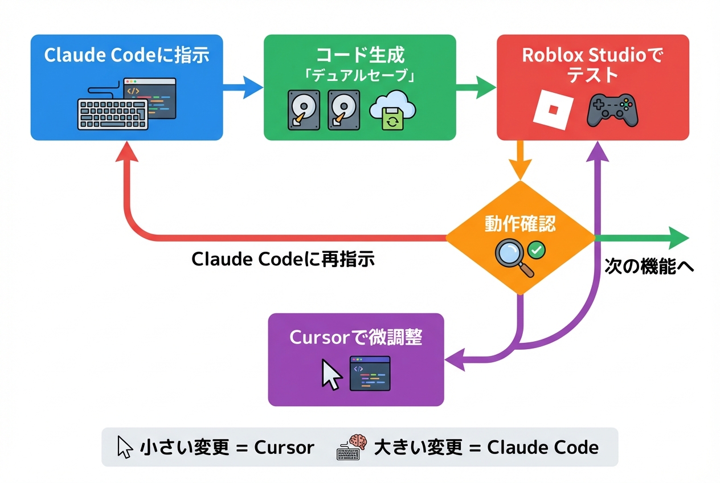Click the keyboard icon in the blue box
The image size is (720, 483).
pyautogui.click(x=112, y=114)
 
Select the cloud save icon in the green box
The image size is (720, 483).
pyautogui.click(x=393, y=111)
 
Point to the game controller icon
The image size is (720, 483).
pyautogui.click(x=612, y=110)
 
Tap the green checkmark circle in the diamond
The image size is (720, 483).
pyautogui.click(x=536, y=249)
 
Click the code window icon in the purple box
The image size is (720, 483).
pyautogui.click(x=370, y=373)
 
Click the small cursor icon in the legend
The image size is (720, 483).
pyautogui.click(x=124, y=447)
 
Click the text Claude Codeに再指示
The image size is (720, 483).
pyautogui.click(x=283, y=259)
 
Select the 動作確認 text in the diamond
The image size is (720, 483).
pyautogui.click(x=519, y=224)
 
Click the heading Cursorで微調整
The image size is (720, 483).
pyautogui.click(x=355, y=337)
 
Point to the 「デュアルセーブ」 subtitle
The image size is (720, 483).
pyautogui.click(x=359, y=76)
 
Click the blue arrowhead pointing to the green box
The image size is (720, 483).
pyautogui.click(x=253, y=87)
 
